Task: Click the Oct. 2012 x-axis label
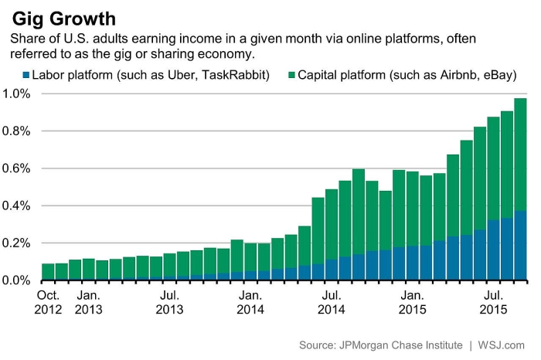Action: (x=48, y=302)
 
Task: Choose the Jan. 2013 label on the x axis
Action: (x=89, y=302)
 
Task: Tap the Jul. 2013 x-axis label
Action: (x=170, y=302)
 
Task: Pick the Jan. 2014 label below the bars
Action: (x=251, y=302)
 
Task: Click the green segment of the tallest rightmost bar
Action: (x=520, y=155)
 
